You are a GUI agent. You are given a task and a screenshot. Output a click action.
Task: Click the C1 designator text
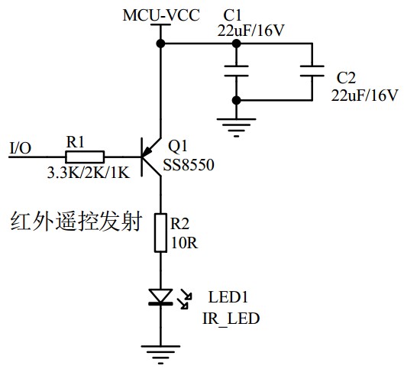click(x=233, y=15)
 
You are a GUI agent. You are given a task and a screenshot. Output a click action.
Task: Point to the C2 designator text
click(x=346, y=78)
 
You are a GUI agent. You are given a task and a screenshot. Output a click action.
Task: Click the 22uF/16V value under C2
click(x=364, y=95)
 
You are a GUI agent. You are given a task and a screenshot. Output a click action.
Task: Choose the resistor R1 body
click(x=79, y=155)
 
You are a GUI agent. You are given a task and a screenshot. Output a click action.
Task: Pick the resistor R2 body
click(x=160, y=233)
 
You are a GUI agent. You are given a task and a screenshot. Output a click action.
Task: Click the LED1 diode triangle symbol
click(x=160, y=296)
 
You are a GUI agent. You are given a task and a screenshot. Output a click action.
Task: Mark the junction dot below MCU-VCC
click(x=160, y=44)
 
